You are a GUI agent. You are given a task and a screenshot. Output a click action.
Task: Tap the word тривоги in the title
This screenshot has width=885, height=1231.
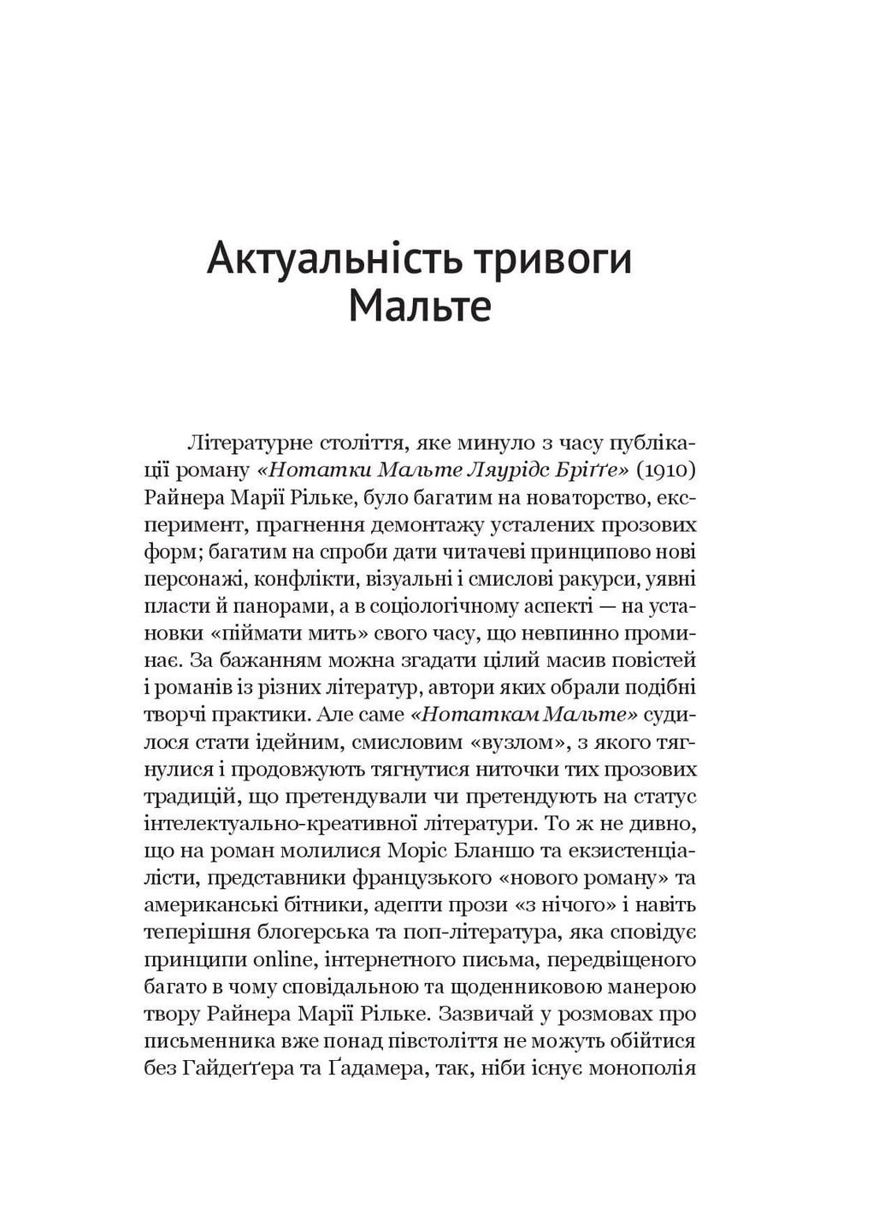click(550, 259)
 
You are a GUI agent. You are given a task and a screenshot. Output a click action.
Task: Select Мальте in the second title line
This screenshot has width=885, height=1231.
click(420, 306)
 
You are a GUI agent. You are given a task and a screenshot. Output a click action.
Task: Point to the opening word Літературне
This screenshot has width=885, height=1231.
click(239, 443)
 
